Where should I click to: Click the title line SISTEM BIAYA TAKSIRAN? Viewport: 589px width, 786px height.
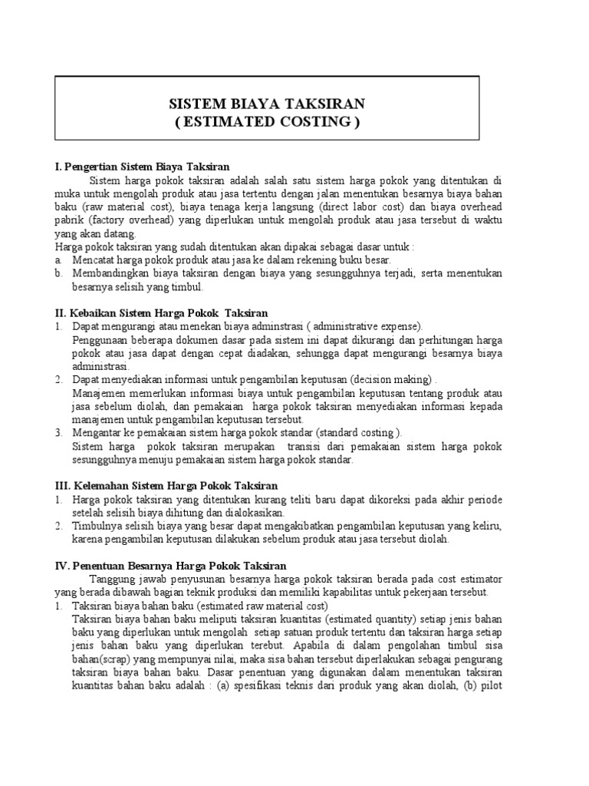[267, 104]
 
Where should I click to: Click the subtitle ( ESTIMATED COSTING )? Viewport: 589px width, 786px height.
[267, 122]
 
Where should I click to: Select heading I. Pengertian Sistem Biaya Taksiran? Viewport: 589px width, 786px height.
[143, 167]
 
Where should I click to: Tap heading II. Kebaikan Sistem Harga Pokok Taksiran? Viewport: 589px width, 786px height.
[162, 312]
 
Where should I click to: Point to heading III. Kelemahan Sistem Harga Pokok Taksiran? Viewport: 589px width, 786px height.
[166, 486]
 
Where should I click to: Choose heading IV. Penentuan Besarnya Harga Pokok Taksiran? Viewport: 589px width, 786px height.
[171, 567]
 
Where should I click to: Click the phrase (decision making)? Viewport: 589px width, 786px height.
[393, 380]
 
